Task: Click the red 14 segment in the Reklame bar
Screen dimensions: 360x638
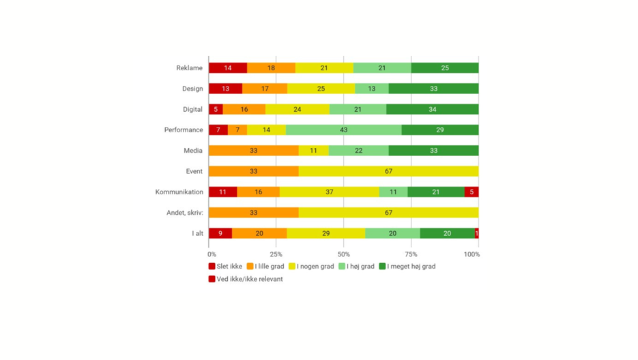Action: [228, 68]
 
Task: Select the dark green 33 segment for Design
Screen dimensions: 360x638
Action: [433, 89]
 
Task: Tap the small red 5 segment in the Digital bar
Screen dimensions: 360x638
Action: [216, 109]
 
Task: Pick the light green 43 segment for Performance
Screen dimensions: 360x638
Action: [343, 130]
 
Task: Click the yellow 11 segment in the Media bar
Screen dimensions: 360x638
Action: [313, 151]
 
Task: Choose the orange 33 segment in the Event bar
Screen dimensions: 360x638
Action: [253, 171]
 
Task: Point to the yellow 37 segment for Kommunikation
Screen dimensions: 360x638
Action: [329, 192]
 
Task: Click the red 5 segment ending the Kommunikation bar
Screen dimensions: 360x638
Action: [471, 192]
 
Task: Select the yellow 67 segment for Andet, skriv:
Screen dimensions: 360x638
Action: [388, 213]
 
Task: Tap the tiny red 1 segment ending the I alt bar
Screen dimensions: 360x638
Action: [476, 233]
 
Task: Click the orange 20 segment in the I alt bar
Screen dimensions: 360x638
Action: [259, 233]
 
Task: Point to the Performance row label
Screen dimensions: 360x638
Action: [184, 130]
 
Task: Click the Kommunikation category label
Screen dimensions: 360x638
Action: [179, 192]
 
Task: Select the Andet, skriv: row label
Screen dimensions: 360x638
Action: [184, 213]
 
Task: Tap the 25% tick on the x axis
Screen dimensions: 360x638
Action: [276, 254]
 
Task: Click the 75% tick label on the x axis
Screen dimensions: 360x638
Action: [411, 254]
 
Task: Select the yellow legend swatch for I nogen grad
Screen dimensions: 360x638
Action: [292, 267]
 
